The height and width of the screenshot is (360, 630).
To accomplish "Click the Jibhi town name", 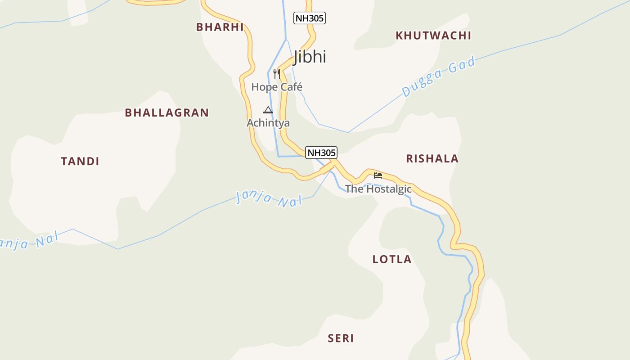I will (310, 57).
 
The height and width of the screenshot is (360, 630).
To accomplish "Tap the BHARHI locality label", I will (220, 27).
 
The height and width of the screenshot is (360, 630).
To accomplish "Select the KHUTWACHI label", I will (433, 36).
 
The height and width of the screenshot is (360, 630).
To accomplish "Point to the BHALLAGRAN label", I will (166, 112).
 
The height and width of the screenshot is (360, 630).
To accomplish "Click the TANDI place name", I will (80, 161).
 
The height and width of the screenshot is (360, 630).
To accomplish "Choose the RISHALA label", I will (432, 158).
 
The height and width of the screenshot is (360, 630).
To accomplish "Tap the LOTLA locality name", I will (392, 259).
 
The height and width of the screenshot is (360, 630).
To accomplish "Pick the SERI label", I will (341, 338).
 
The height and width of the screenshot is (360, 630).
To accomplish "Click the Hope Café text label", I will (277, 87).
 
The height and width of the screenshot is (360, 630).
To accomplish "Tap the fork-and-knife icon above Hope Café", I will (277, 74).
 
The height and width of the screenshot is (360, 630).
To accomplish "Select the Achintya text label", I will (268, 123).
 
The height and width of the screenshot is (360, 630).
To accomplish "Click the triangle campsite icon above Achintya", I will (268, 110).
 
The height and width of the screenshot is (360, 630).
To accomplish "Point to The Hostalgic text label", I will (378, 189).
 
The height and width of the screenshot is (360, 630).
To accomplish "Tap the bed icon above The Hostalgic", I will (378, 175).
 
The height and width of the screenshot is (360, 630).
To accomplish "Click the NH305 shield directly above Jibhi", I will (310, 18).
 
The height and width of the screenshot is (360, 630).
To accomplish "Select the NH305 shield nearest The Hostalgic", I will (321, 153).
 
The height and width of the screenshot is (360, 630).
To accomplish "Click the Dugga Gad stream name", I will (438, 77).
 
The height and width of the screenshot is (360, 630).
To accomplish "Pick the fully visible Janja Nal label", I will (269, 198).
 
